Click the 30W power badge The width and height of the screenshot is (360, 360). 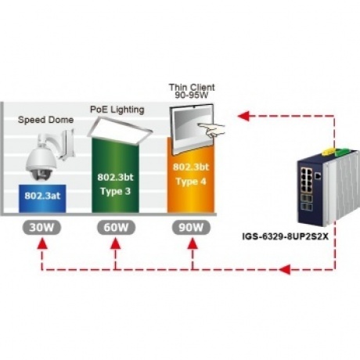coord(41,228)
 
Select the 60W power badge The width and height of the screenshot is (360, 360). coord(117,228)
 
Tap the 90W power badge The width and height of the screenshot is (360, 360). coord(191,228)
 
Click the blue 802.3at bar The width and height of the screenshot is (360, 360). coord(42,199)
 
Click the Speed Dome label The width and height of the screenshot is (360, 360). coord(45,120)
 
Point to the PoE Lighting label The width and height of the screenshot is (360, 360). coord(117,110)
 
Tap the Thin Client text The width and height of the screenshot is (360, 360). coord(192,87)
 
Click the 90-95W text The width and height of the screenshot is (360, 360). coord(192,95)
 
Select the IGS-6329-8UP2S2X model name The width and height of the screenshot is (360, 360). coord(286,236)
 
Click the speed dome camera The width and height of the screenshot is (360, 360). coord(49,155)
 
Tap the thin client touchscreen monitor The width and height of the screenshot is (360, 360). coord(193,129)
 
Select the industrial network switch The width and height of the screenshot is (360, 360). coord(329,186)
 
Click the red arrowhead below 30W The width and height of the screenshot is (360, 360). coord(41,244)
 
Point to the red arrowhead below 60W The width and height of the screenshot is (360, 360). coord(116,244)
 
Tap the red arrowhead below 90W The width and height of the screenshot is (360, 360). coord(193,244)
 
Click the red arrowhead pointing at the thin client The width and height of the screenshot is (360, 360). coord(243,116)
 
